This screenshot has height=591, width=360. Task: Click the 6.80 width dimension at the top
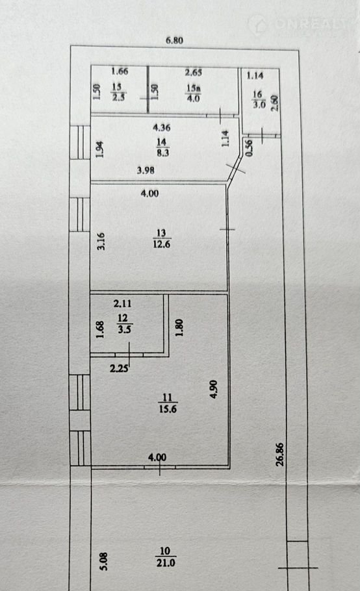tap(175, 40)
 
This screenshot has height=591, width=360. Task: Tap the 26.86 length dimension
tap(279, 455)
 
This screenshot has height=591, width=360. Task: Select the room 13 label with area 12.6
tap(161, 238)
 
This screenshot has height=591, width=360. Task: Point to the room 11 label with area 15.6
tap(168, 403)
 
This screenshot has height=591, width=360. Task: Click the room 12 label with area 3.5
tap(124, 323)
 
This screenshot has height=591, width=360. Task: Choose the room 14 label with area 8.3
tap(162, 147)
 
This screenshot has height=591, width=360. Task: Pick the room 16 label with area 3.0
tap(259, 99)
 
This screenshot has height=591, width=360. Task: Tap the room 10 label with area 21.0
tap(166, 557)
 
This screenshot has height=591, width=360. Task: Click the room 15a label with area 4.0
tap(194, 93)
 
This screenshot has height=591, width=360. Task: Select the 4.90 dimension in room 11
tap(214, 389)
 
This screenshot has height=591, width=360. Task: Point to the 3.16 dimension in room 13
tap(101, 241)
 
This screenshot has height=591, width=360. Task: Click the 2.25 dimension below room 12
tap(119, 368)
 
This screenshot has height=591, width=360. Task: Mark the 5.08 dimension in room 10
tap(104, 561)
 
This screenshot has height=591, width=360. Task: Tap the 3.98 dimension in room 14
tap(146, 170)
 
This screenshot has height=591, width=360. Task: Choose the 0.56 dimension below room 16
tap(249, 148)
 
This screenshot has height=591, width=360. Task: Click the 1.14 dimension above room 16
tap(255, 75)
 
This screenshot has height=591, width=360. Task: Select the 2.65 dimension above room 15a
tap(194, 72)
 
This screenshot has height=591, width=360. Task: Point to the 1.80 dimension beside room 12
tap(179, 328)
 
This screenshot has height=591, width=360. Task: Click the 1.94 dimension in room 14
tap(99, 149)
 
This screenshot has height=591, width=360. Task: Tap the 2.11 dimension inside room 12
tap(123, 303)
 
